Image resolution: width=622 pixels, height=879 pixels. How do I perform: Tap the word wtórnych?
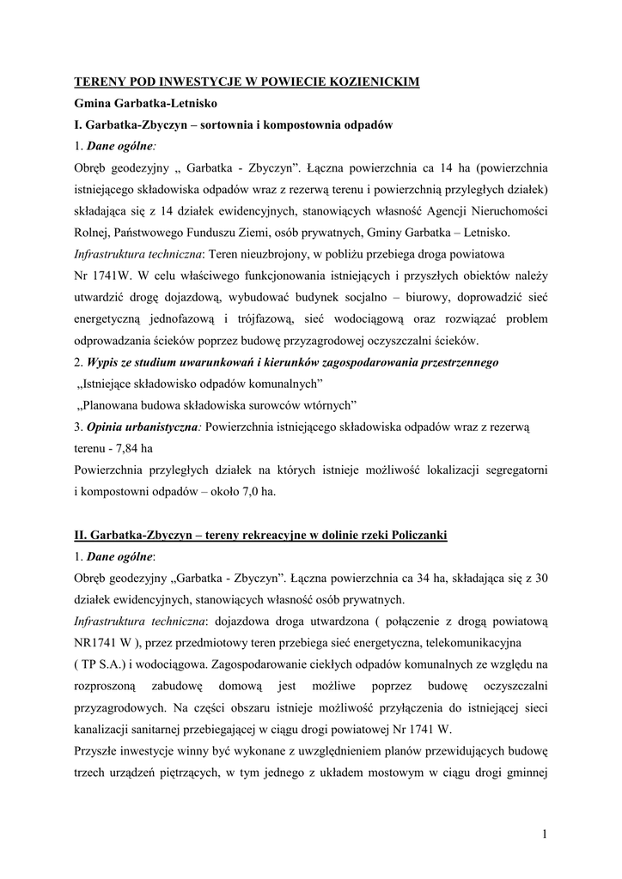[332, 405]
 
